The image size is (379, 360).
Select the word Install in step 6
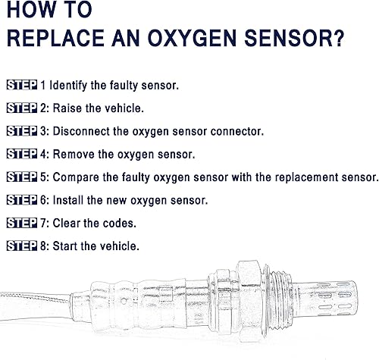[69, 200]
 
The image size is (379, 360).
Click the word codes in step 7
[120, 224]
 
